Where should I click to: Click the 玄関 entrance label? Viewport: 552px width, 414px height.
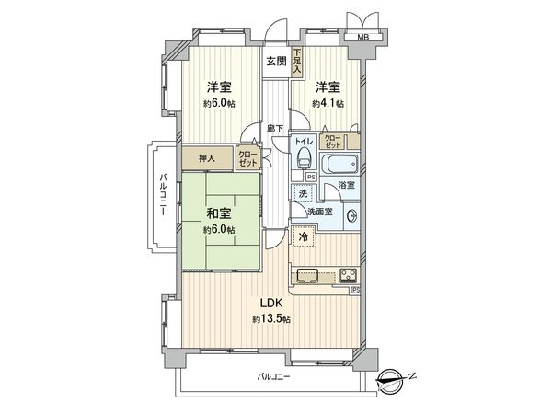[276, 62]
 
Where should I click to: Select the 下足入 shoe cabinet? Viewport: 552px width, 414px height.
[297, 63]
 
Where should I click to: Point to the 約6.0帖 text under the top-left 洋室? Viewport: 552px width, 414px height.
[219, 104]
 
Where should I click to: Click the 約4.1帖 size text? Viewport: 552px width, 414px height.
[328, 104]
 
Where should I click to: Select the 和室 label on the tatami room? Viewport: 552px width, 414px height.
[218, 213]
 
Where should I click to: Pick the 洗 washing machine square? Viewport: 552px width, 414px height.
[302, 194]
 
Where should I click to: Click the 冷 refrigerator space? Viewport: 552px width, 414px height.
[305, 237]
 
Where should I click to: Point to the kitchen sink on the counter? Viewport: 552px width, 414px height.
[307, 275]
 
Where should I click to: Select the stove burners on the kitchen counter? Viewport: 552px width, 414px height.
[349, 274]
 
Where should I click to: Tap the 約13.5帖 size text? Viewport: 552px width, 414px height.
[271, 319]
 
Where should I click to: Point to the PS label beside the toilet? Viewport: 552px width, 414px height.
[311, 177]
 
